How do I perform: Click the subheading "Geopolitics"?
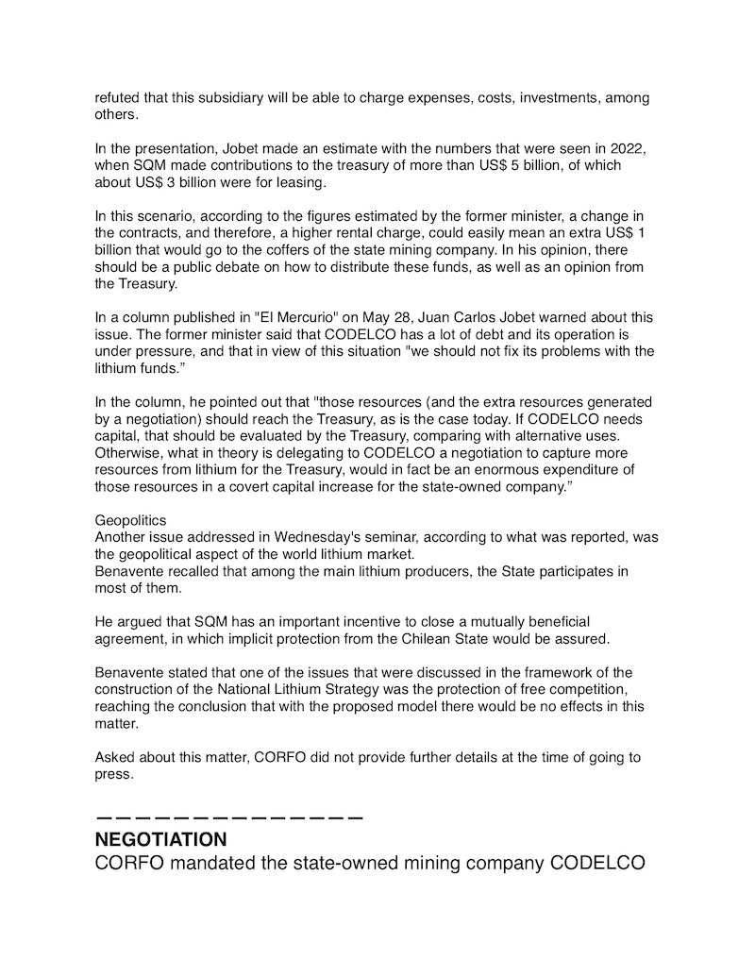point(131,520)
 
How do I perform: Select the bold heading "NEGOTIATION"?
point(160,839)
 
